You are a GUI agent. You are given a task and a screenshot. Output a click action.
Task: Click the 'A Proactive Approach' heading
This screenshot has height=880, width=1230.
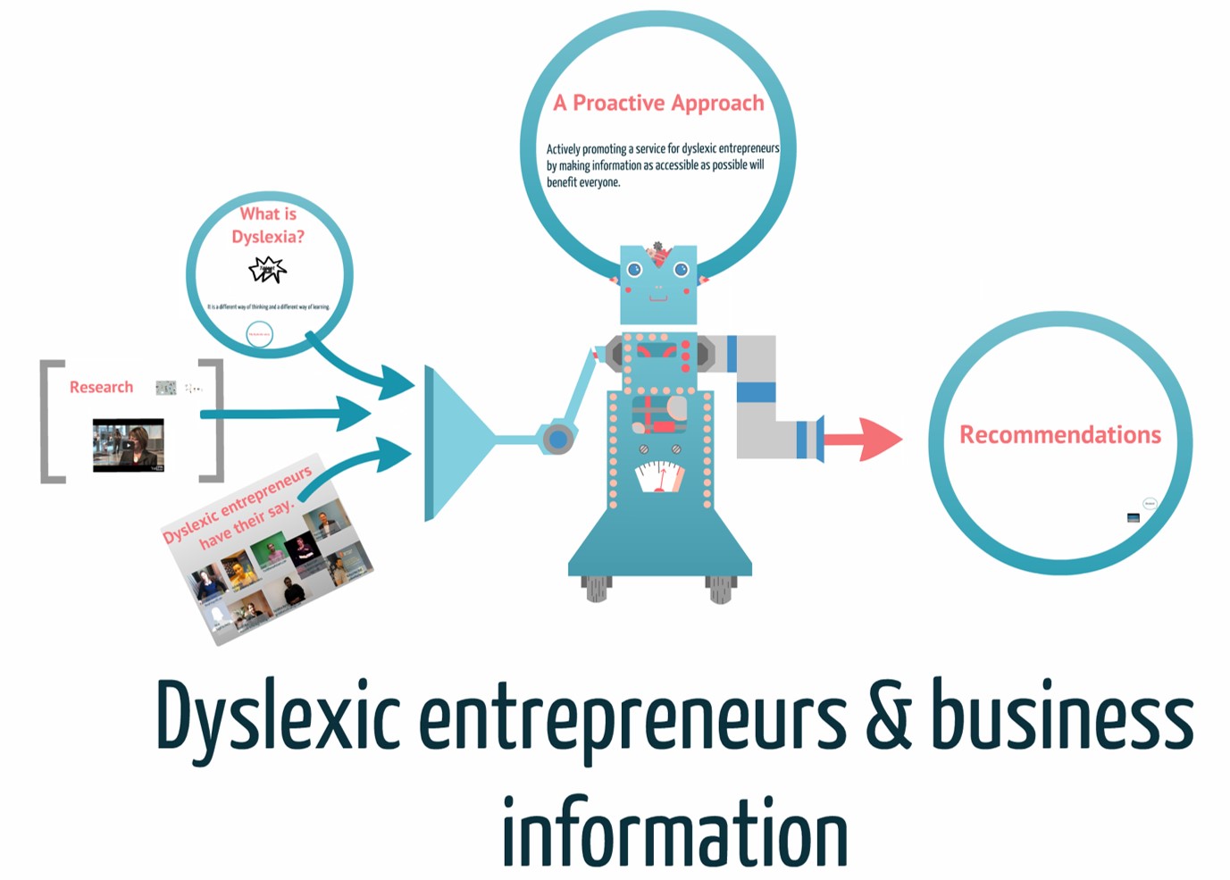click(658, 104)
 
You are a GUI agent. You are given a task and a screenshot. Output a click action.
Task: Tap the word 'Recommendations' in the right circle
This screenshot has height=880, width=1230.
click(1060, 435)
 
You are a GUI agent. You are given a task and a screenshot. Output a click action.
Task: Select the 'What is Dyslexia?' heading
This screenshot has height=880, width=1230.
click(268, 225)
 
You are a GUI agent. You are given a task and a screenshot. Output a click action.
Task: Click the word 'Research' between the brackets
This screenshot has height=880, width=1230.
click(101, 387)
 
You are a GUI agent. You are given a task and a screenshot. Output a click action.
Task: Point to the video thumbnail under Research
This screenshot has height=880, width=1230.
click(129, 444)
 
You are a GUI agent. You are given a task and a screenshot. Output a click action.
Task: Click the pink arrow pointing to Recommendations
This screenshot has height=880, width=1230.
click(863, 439)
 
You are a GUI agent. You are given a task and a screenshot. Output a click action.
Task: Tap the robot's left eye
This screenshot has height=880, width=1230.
click(634, 269)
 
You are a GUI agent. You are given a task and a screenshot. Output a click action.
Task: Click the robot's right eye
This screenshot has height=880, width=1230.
click(681, 269)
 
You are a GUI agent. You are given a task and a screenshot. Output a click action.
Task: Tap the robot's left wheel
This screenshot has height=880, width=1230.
click(596, 588)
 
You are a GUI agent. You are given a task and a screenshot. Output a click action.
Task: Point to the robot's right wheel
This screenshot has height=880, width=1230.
click(720, 589)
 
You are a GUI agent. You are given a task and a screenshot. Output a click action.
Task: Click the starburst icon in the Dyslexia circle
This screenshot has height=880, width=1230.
click(267, 269)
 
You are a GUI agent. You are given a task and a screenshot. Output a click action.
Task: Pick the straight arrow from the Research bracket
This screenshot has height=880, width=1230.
click(286, 414)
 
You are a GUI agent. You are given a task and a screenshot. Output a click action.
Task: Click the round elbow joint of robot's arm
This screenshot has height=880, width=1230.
click(558, 439)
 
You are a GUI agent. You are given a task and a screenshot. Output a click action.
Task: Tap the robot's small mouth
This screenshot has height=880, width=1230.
click(658, 298)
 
